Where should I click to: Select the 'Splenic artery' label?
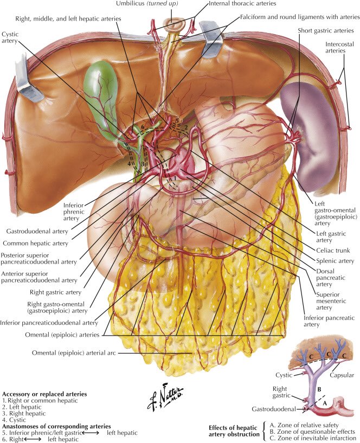334,261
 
